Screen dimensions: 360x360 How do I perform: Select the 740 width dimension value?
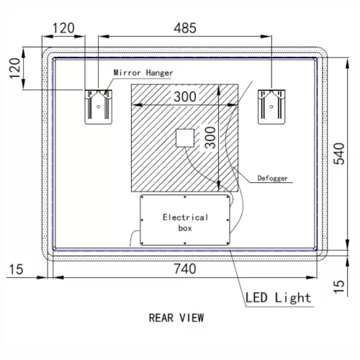pos(184,269)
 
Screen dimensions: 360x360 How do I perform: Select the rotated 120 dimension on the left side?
pos(14,68)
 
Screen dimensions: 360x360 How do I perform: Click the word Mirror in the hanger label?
pos(127,73)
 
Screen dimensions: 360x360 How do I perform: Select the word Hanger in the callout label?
pos(158,73)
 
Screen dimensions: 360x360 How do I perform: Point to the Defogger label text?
pos(274,177)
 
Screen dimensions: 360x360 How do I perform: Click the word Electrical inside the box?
pos(185,217)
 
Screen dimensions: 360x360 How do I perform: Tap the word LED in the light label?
pos(258,297)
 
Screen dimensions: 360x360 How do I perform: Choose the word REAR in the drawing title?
pos(161,317)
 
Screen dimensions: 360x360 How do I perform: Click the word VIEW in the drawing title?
pos(192,317)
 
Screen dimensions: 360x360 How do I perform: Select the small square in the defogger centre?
pos(186,138)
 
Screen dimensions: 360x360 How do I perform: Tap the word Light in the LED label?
pos(294,297)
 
